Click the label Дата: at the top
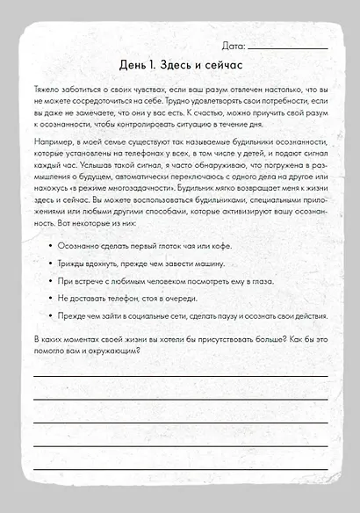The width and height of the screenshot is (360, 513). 234,44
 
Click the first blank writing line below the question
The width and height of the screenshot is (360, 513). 180,376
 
